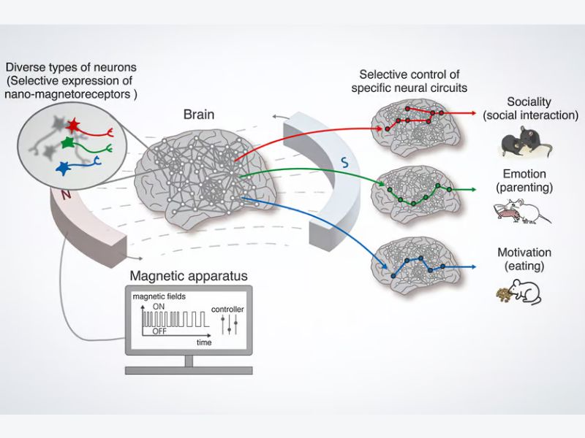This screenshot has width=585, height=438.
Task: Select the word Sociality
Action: [x=530, y=101]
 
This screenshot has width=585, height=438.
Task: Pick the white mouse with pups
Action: [x=522, y=212]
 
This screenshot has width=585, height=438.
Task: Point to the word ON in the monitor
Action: [x=158, y=307]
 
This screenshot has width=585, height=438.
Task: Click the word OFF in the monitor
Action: [x=159, y=331]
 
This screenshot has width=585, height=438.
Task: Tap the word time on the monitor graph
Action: [x=205, y=341]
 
